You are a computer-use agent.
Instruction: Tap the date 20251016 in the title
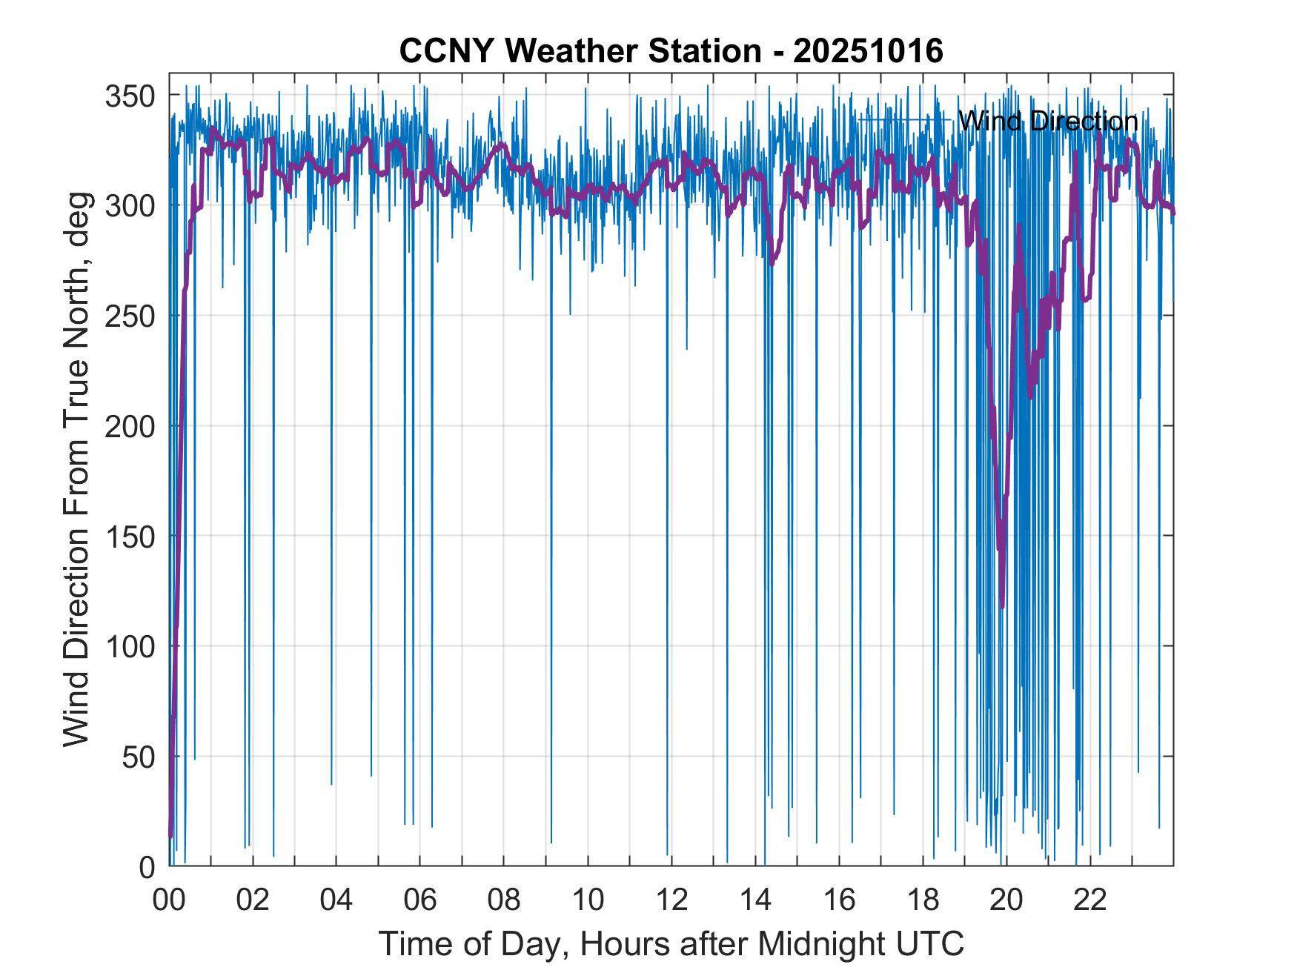(868, 51)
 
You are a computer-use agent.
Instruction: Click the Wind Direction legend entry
(1047, 121)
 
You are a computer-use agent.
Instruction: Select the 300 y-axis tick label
(130, 206)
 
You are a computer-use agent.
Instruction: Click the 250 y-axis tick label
(130, 316)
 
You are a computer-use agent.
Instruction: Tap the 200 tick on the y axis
(130, 427)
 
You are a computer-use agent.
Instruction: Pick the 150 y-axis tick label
(130, 537)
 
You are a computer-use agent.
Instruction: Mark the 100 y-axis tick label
(130, 647)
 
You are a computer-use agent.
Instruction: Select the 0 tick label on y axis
(147, 866)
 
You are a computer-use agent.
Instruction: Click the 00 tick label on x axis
(170, 900)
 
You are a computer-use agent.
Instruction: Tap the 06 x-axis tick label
(420, 900)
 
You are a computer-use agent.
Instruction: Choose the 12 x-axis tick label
(671, 900)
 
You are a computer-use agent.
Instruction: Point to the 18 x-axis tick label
(923, 900)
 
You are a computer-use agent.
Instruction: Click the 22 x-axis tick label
(1090, 900)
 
